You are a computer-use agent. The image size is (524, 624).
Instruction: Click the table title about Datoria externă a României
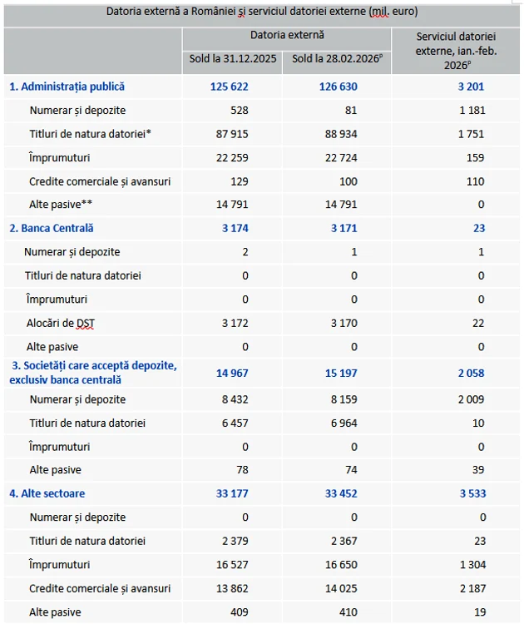coord(262,12)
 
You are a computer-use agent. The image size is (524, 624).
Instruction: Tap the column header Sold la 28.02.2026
coord(336,59)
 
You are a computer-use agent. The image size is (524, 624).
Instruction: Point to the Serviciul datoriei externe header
coord(455,51)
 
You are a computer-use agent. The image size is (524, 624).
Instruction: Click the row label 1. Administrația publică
coord(67,87)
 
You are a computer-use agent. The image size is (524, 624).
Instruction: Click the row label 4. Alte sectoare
coord(47,494)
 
